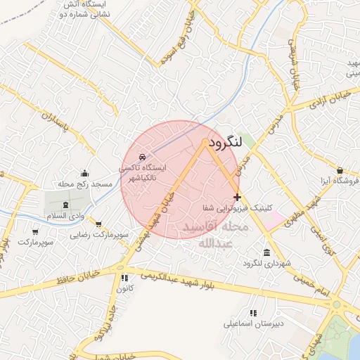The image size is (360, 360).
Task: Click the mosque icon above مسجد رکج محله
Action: [85, 173]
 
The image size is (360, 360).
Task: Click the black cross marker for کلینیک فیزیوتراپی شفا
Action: [237, 197]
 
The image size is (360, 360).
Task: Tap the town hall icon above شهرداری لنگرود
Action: [266, 252]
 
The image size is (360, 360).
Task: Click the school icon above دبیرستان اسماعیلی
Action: [252, 313]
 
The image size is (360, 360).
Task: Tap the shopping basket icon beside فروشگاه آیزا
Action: [340, 170]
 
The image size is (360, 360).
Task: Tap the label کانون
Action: [123, 288]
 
